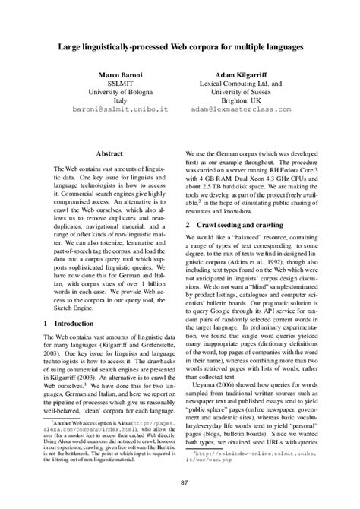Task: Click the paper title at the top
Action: pyautogui.click(x=180, y=47)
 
